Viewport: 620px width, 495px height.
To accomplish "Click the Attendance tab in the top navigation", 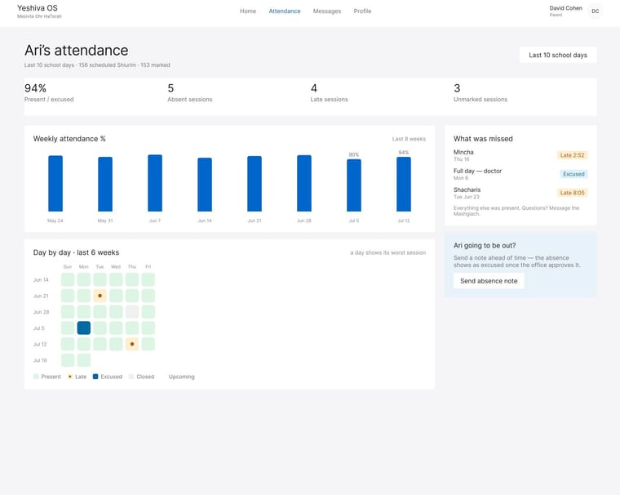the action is click(285, 11).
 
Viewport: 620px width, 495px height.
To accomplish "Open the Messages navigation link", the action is click(327, 11).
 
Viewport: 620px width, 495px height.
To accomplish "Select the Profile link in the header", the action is click(362, 11).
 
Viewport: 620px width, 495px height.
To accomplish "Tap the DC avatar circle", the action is click(595, 11).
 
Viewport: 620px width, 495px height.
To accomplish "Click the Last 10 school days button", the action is click(558, 55).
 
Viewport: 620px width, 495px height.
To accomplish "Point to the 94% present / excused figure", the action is click(36, 88).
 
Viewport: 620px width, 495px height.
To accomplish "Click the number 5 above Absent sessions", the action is click(170, 88).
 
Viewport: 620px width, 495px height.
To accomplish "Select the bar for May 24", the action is click(55, 183).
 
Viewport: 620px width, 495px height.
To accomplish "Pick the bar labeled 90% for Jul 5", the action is click(354, 185).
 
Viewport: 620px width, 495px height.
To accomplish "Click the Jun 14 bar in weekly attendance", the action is click(205, 185).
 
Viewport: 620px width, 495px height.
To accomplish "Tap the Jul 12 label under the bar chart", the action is click(404, 221).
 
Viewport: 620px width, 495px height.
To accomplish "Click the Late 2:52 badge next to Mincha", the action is click(572, 155).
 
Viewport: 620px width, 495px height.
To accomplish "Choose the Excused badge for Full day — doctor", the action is click(573, 174).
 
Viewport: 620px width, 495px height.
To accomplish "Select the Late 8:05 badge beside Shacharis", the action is click(572, 193).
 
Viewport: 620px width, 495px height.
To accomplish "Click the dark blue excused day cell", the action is click(84, 328).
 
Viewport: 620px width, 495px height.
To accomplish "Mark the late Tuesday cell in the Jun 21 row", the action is click(100, 296).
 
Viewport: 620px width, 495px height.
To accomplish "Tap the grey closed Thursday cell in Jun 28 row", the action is click(132, 312).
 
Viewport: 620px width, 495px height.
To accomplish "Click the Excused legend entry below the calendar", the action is click(108, 377).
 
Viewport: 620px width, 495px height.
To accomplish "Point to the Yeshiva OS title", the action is click(38, 8).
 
